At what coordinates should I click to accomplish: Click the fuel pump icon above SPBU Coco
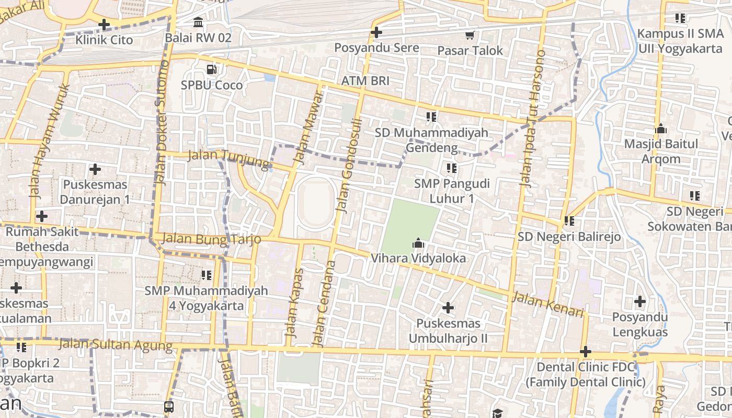click(x=211, y=69)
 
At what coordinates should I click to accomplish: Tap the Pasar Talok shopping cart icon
click(x=470, y=35)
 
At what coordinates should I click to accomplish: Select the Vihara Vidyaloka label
click(x=418, y=258)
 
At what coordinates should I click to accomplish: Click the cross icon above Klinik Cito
click(x=104, y=24)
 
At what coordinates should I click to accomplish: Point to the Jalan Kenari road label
click(x=547, y=305)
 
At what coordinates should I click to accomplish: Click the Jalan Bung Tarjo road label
click(x=211, y=239)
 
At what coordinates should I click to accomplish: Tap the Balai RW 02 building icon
click(x=198, y=22)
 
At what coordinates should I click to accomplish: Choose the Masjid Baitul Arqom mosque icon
click(x=661, y=129)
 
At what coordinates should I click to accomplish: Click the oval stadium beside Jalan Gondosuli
click(x=315, y=203)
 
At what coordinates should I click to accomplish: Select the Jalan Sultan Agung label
click(x=115, y=344)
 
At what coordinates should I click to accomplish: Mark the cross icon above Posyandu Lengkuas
click(x=640, y=301)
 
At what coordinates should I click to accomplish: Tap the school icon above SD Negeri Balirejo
click(x=569, y=221)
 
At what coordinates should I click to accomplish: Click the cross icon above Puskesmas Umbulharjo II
click(x=448, y=308)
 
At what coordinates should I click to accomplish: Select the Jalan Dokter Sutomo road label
click(x=161, y=123)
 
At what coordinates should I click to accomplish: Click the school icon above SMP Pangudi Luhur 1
click(x=452, y=168)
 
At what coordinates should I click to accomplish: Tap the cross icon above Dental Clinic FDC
click(x=586, y=352)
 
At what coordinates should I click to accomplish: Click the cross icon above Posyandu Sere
click(x=376, y=32)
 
